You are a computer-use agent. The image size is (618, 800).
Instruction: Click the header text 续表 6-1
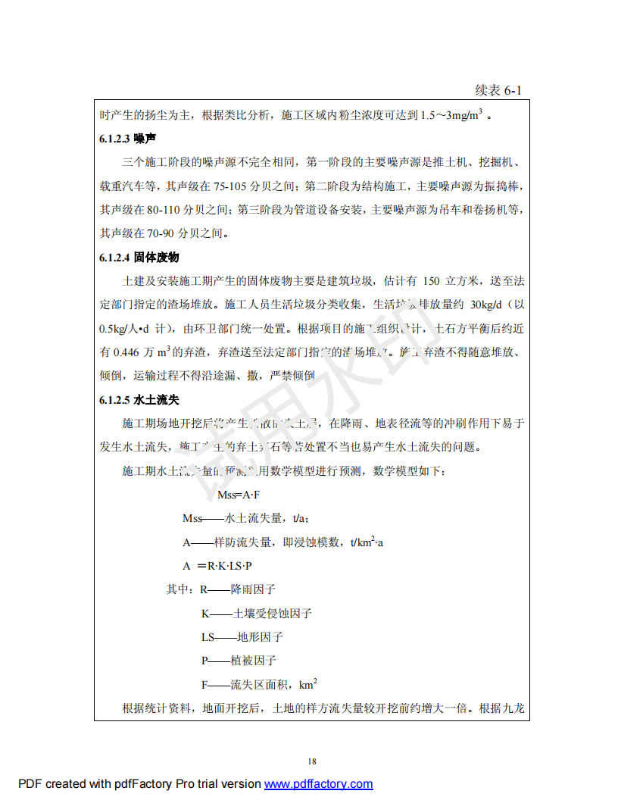(498, 91)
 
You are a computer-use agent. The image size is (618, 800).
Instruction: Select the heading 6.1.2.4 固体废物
(139, 258)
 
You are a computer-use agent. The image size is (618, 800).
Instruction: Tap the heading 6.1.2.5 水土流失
(139, 399)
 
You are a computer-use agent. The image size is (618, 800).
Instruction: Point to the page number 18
(312, 761)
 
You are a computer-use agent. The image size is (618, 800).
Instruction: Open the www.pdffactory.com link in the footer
(318, 784)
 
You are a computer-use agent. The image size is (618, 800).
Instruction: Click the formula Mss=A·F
(239, 495)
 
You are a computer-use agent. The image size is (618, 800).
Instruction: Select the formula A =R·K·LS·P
(217, 565)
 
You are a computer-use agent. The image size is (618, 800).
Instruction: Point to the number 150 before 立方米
(432, 282)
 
